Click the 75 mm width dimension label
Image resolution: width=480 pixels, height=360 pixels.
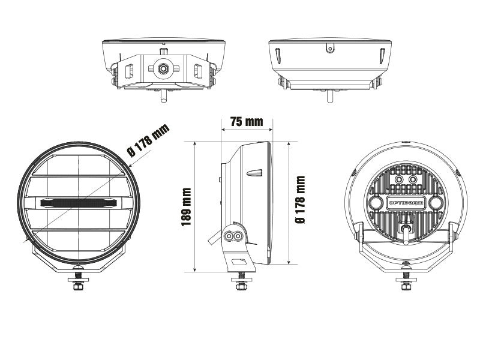click(246, 122)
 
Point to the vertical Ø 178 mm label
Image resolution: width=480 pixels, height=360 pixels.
click(301, 200)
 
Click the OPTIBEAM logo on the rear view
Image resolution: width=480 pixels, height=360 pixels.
click(406, 203)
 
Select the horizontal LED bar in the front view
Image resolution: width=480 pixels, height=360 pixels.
click(78, 203)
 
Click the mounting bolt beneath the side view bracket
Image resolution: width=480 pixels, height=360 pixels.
click(240, 283)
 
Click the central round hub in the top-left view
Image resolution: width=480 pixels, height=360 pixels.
click(163, 68)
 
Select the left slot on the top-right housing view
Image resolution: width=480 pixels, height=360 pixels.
click(277, 56)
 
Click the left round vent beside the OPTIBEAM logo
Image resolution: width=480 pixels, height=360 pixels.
click(376, 203)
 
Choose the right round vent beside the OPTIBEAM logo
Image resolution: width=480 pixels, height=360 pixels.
click(437, 203)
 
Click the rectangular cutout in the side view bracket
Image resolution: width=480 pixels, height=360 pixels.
click(239, 262)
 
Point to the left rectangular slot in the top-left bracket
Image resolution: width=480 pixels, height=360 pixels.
click(129, 71)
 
